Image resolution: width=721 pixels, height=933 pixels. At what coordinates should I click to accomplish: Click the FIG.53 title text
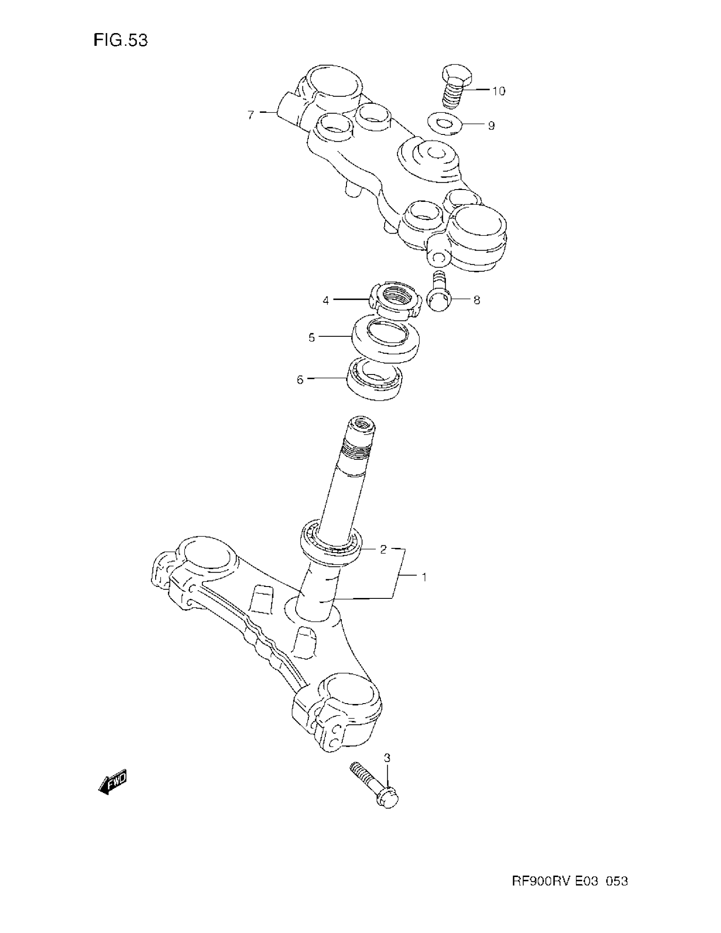[x=120, y=41]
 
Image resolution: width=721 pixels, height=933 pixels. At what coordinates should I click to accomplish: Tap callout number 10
[x=498, y=91]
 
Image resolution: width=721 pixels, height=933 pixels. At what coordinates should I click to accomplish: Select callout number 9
[x=491, y=126]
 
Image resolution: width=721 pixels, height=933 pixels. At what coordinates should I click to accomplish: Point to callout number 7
[x=251, y=115]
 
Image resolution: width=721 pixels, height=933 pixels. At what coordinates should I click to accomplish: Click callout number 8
[x=477, y=300]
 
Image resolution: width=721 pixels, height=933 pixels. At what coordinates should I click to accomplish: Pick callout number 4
[x=326, y=301]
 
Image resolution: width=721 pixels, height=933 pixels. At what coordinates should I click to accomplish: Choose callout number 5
[x=311, y=338]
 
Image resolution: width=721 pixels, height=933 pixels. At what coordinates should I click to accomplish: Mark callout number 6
[x=300, y=380]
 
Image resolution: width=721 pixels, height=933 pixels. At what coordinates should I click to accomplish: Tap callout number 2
[x=383, y=549]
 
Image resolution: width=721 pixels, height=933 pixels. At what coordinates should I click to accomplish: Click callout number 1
[x=424, y=577]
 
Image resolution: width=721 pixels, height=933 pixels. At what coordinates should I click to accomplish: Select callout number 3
[x=387, y=758]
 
